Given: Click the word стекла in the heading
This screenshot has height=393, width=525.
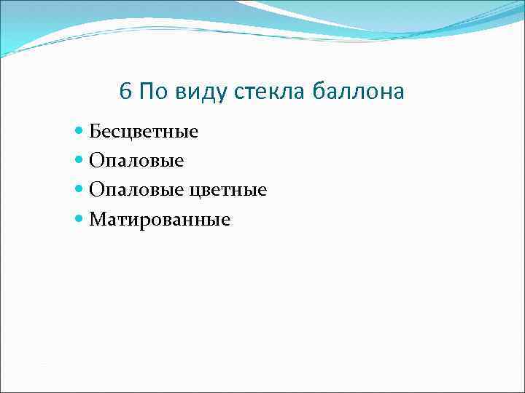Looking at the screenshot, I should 271,92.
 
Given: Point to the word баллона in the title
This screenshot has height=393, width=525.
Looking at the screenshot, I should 358,92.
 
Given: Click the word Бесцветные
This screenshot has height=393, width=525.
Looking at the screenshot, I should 144,132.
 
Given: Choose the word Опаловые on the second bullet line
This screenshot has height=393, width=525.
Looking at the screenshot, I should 136,161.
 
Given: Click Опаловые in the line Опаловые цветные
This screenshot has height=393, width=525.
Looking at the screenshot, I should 136,190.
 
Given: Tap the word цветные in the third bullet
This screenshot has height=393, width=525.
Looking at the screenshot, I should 227,191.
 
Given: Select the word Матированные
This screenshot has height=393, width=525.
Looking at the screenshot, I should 160,220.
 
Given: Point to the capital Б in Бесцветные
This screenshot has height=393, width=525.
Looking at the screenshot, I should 95,132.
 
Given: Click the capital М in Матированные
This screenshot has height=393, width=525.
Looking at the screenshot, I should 97,219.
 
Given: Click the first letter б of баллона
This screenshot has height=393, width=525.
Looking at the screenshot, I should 318,92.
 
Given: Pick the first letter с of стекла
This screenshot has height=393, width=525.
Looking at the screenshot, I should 239,93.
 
